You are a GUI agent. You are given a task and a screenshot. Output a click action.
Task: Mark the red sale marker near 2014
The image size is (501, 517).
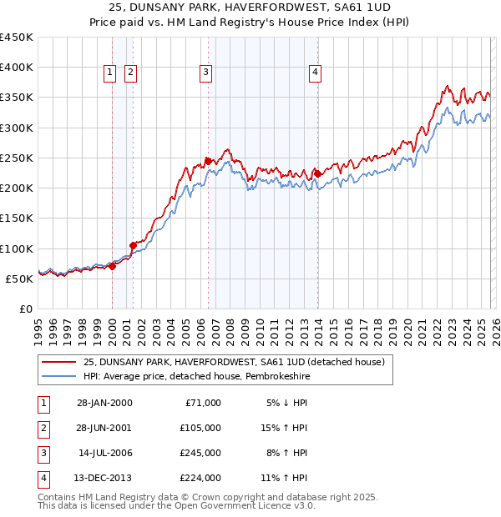(x=317, y=173)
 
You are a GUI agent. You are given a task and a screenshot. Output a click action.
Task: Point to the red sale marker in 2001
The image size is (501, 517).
(x=133, y=245)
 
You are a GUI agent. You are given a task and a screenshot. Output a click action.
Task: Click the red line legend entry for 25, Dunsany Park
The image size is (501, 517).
(x=234, y=362)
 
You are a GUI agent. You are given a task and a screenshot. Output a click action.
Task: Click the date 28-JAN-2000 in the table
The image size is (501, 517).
(x=104, y=403)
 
